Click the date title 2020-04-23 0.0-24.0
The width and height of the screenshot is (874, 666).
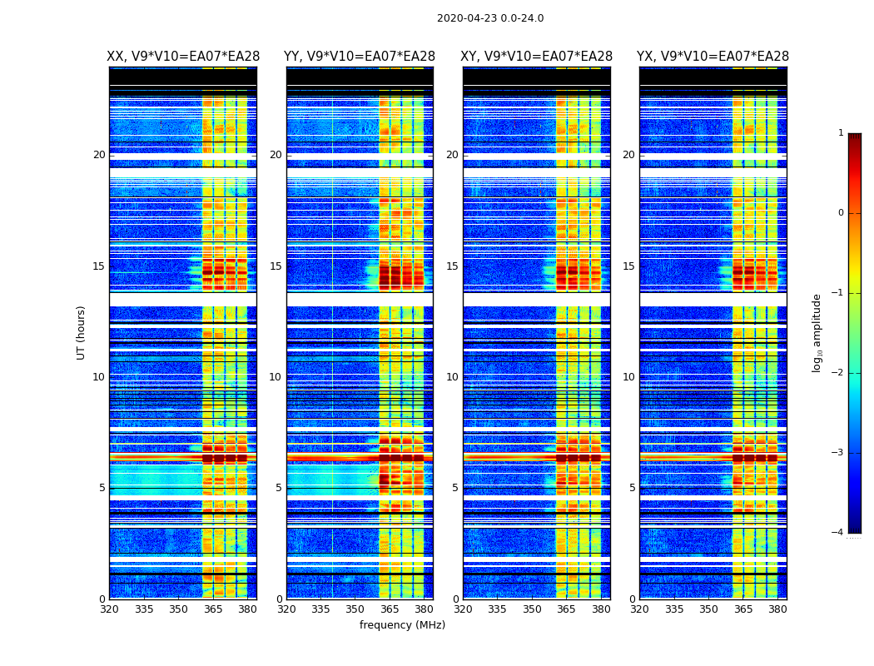coord(490,18)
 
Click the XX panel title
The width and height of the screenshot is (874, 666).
coord(183,57)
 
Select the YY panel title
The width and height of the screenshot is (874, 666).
coord(360,57)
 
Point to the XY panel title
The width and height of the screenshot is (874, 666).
coord(537,57)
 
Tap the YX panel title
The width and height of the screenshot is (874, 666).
coord(713,57)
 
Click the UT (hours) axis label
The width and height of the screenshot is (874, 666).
coord(81,332)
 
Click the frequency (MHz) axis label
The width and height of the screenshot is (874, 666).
coord(402,625)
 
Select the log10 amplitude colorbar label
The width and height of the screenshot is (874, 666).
coord(817,332)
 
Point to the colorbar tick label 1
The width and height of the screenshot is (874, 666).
coord(841,133)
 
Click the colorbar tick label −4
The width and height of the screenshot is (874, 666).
coord(839,533)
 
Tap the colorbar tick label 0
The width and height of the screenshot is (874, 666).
coord(841,213)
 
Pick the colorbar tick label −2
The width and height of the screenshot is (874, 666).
coord(839,373)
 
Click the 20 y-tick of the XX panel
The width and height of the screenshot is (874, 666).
coord(99,155)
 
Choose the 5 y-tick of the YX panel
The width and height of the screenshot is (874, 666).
coord(631,488)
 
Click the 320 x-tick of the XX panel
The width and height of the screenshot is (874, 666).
coord(109,609)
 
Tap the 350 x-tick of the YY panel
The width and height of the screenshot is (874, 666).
coord(355,609)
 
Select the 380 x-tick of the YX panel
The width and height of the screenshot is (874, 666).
coord(777,609)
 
